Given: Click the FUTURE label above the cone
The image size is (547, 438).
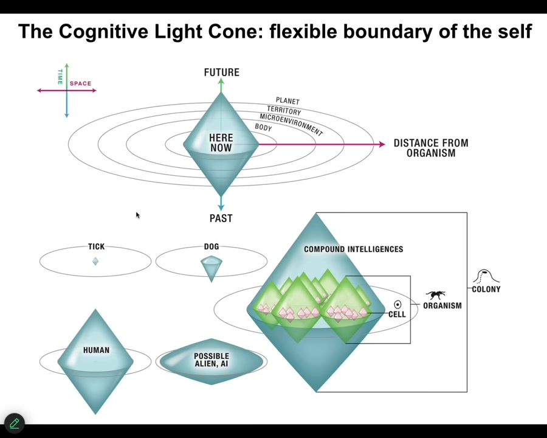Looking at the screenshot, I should pos(221,72).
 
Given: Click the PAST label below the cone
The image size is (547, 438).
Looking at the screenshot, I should pos(221,218).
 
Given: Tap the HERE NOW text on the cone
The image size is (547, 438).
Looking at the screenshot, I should pos(221,143).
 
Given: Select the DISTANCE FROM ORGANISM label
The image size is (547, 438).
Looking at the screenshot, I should pos(430,148).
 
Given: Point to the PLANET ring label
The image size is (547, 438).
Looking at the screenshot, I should pos(287,101).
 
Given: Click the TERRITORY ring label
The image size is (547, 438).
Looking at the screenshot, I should pos(284,111).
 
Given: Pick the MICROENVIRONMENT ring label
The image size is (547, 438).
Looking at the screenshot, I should pos(291,124).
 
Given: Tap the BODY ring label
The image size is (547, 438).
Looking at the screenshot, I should pos(263,128).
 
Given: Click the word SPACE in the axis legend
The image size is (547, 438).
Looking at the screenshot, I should pos(80,83).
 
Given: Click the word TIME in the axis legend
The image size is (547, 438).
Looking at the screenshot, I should pos(60,77).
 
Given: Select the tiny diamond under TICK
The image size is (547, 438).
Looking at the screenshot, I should pos(95,261).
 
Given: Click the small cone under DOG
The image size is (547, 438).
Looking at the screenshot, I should pos(211,266).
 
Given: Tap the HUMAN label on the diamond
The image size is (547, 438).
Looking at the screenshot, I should pos(96,350).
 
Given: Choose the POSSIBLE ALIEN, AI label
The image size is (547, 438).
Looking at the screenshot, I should pos(211,360).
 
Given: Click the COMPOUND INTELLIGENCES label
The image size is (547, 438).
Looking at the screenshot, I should pos(353,249).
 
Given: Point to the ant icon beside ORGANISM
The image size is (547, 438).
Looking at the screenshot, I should pos(436,295).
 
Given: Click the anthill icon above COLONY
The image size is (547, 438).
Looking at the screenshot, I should pos(486,277).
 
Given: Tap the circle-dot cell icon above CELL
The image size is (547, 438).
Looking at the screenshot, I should pos(397,304).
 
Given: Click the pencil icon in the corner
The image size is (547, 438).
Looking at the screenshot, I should pos(14,423).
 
